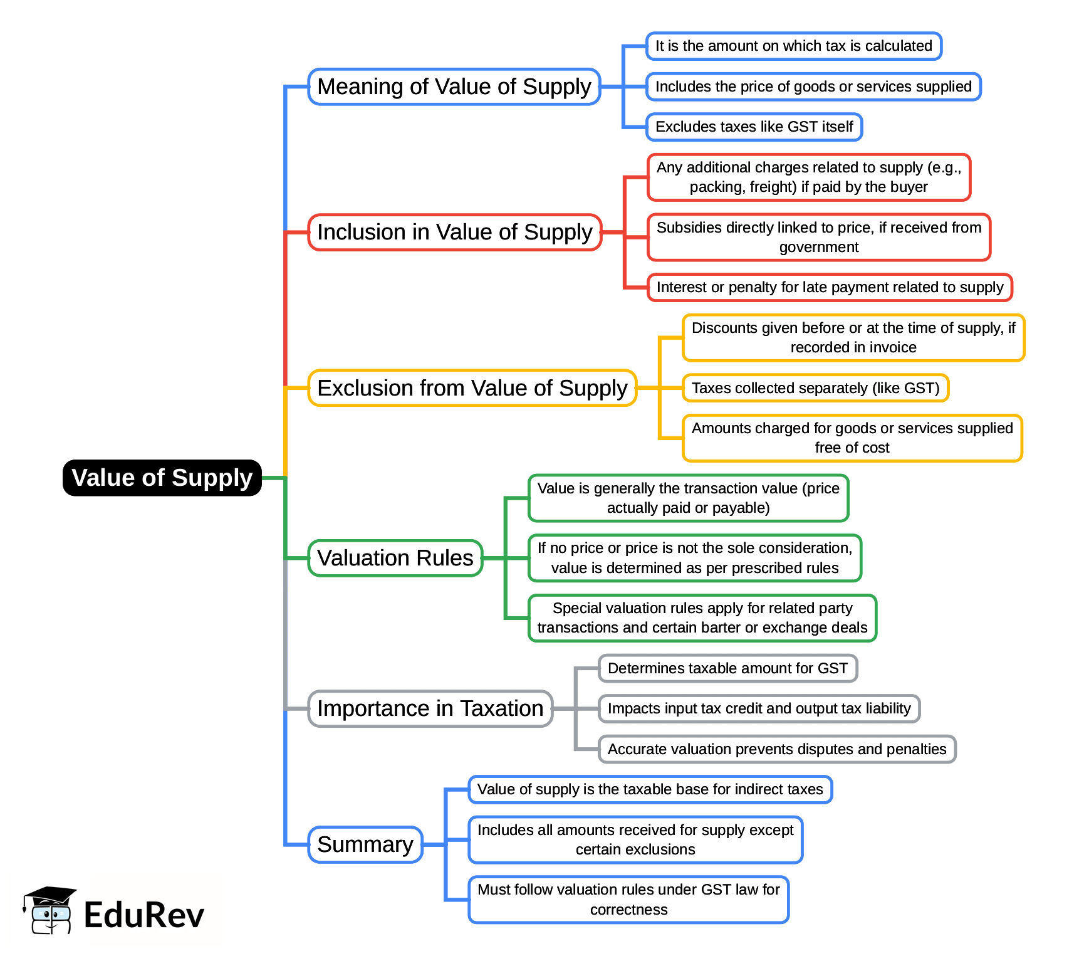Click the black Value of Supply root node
point(162,478)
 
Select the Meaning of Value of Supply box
point(454,87)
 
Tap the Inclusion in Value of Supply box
point(454,232)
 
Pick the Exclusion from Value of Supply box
point(472,388)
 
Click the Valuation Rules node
point(395,558)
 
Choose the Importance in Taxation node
point(430,708)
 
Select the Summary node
point(365,844)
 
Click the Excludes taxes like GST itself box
point(754,127)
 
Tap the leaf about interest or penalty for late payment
point(830,287)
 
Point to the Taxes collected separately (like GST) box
point(815,388)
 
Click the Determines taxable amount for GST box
point(727,668)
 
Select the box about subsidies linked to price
point(818,237)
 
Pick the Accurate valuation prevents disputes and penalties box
point(777,749)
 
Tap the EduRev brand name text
point(144,915)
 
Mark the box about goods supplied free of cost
point(852,438)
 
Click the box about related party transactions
point(702,618)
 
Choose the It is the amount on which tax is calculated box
point(793,46)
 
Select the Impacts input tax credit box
point(759,708)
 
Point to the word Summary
point(365,844)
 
